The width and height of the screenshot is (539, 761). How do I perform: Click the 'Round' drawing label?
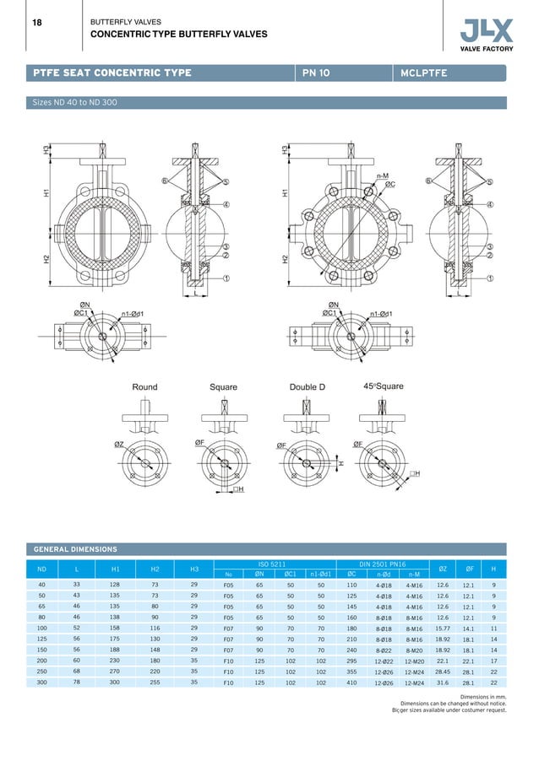click(x=144, y=387)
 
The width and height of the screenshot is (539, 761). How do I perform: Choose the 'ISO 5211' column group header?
click(x=275, y=564)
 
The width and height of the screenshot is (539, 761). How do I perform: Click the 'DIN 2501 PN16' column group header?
click(x=382, y=564)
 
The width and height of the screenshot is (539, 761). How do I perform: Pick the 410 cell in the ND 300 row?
click(x=351, y=683)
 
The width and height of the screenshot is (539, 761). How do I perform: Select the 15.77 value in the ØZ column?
click(x=442, y=629)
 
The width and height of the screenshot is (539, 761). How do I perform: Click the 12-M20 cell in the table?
click(x=414, y=661)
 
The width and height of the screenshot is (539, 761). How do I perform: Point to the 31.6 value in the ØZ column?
click(x=442, y=683)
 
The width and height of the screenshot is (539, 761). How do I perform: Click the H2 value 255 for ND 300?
click(x=155, y=683)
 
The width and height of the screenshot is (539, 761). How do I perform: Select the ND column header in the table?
click(x=41, y=569)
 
